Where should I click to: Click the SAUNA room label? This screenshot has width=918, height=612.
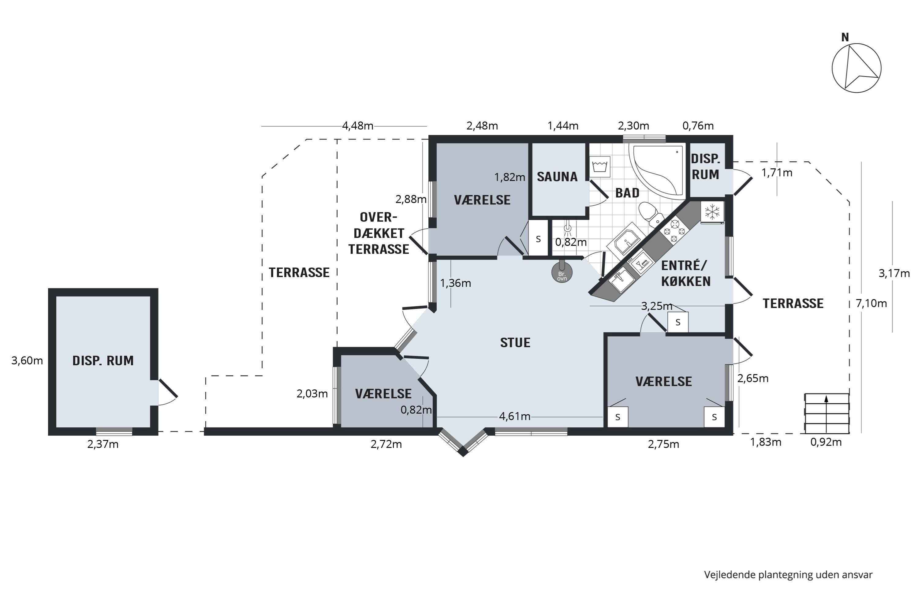557,177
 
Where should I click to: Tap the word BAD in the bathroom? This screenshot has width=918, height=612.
627,193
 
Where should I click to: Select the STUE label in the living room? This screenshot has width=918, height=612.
515,343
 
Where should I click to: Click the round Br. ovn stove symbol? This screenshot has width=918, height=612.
562,272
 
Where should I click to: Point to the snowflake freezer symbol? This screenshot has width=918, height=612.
712,212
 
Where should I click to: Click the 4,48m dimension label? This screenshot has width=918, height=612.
357,126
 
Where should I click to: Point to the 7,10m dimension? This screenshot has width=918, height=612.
871,303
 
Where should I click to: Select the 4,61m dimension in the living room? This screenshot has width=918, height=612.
514,416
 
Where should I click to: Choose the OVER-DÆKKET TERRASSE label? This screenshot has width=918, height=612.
379,233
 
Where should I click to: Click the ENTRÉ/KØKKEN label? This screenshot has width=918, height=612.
686,273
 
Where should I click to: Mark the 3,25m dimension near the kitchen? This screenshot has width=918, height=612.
657,306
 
